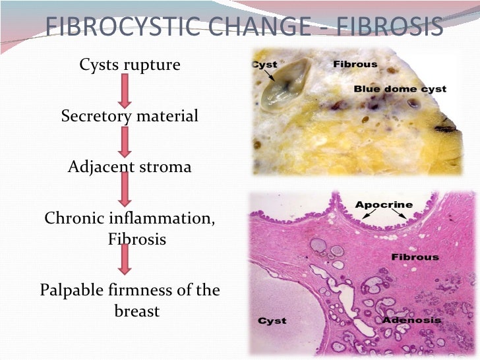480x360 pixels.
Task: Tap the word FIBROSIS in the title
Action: click(x=390, y=26)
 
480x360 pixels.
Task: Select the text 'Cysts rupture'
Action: click(x=130, y=65)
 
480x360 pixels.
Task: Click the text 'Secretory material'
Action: click(x=129, y=116)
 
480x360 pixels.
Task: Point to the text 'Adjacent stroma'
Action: click(x=129, y=167)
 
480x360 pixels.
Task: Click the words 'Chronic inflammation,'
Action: click(x=129, y=218)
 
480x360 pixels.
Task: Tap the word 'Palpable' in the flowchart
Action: click(x=73, y=290)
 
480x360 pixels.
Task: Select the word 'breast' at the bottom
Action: click(x=137, y=311)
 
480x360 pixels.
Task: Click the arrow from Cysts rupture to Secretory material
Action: click(x=125, y=91)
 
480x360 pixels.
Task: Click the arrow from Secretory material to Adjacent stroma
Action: click(x=125, y=142)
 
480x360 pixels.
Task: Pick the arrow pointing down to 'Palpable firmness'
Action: click(x=125, y=259)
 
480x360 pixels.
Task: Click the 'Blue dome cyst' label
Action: click(x=400, y=89)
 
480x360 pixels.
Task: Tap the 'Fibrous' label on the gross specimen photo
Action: click(x=355, y=65)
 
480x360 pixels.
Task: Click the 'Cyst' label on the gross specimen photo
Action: click(x=264, y=65)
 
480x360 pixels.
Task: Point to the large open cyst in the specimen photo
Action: click(x=285, y=85)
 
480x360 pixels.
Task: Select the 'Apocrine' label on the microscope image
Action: click(x=384, y=205)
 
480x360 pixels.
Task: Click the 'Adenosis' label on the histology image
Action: click(x=411, y=320)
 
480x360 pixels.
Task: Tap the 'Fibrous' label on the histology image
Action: click(x=415, y=257)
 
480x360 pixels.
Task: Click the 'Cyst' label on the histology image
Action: click(x=272, y=321)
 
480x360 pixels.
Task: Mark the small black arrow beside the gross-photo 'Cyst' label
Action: click(x=270, y=76)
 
